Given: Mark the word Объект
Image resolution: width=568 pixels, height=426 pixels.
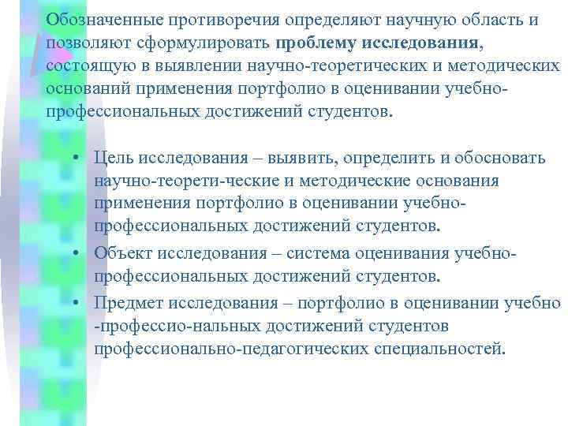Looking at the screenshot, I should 122,254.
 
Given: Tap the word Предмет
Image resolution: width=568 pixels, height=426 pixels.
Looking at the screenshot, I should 129,302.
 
